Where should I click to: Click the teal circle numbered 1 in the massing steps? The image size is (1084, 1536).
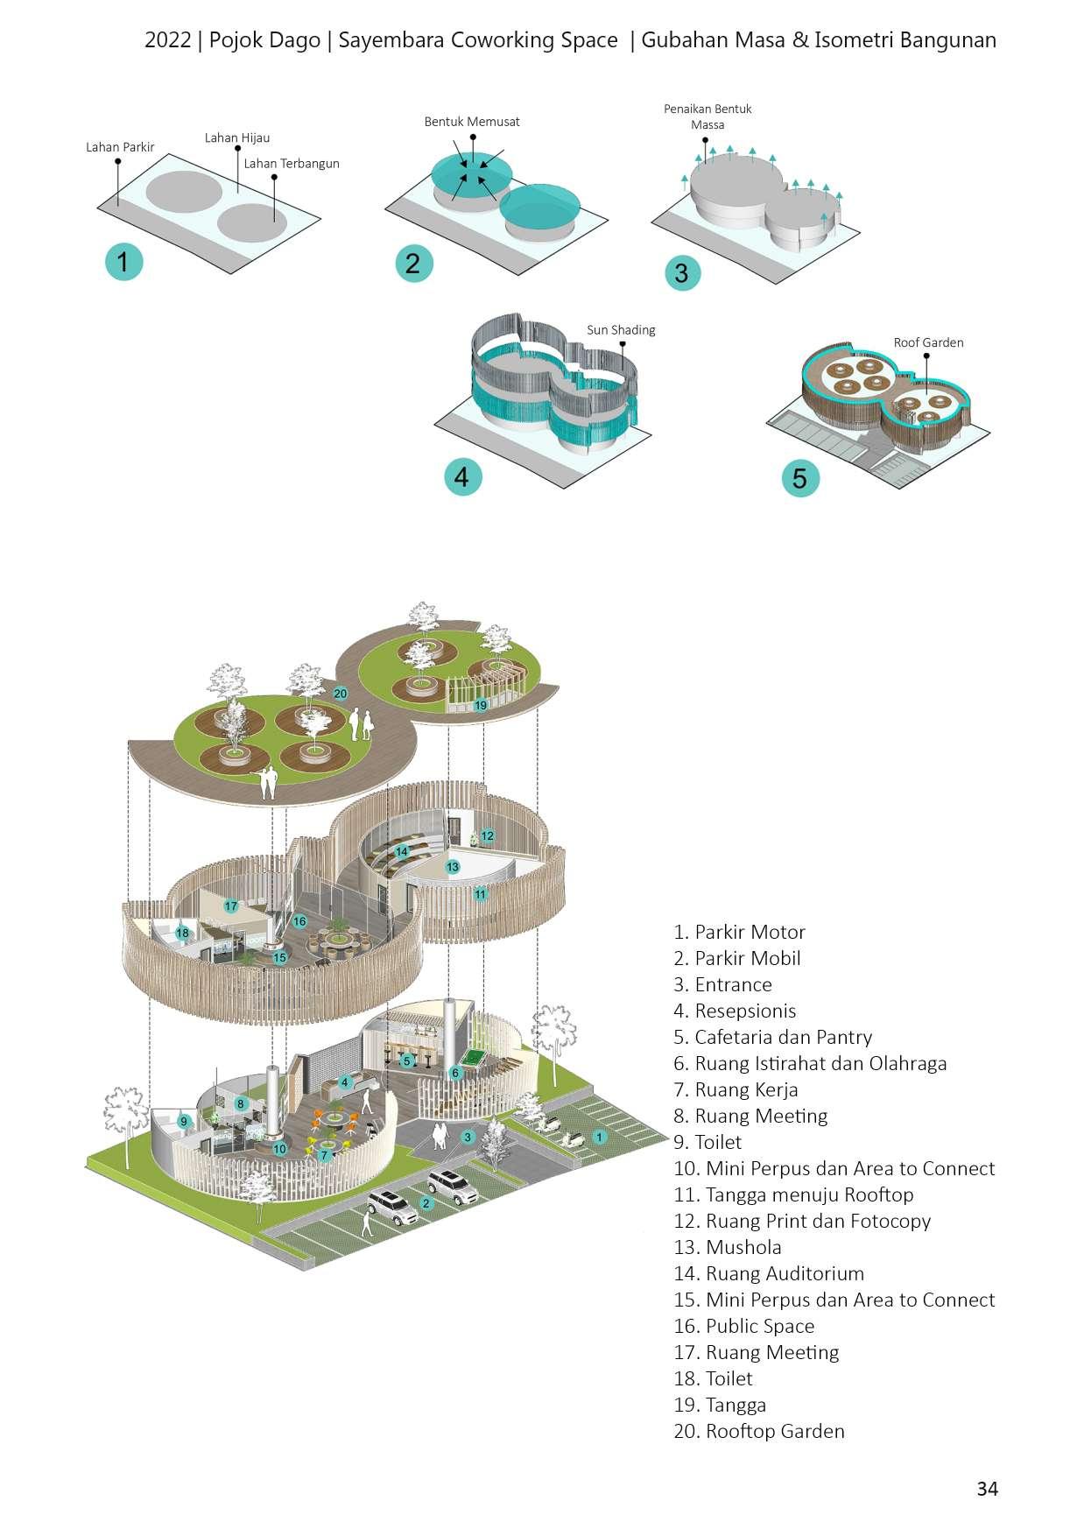[x=123, y=262]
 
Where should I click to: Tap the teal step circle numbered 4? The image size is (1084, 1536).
[x=462, y=476]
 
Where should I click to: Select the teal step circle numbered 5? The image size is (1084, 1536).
[x=799, y=479]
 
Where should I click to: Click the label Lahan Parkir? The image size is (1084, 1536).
[x=120, y=147]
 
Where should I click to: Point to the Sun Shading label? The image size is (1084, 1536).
[x=621, y=330]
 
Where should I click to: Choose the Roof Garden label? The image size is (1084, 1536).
[x=928, y=342]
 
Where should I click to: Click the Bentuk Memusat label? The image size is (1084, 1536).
[x=472, y=122]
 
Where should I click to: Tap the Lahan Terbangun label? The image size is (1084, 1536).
[x=292, y=164]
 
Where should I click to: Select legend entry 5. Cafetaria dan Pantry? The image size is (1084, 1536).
[x=773, y=1038]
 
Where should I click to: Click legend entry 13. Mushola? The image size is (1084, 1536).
[x=728, y=1248]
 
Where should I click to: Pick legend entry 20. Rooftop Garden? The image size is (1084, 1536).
[x=759, y=1432]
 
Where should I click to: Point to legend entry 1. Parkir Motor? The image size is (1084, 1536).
[x=740, y=933]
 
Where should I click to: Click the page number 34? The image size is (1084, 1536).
[x=987, y=1489]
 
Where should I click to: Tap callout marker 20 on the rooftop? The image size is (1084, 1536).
[x=341, y=694]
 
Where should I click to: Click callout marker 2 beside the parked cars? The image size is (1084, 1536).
[x=426, y=1202]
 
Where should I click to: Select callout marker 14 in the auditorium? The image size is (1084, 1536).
[x=402, y=851]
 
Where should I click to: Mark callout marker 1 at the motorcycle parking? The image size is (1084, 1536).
[x=599, y=1137]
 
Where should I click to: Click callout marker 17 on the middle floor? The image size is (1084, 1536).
[x=231, y=906]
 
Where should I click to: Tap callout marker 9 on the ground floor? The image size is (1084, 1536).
[x=184, y=1121]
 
